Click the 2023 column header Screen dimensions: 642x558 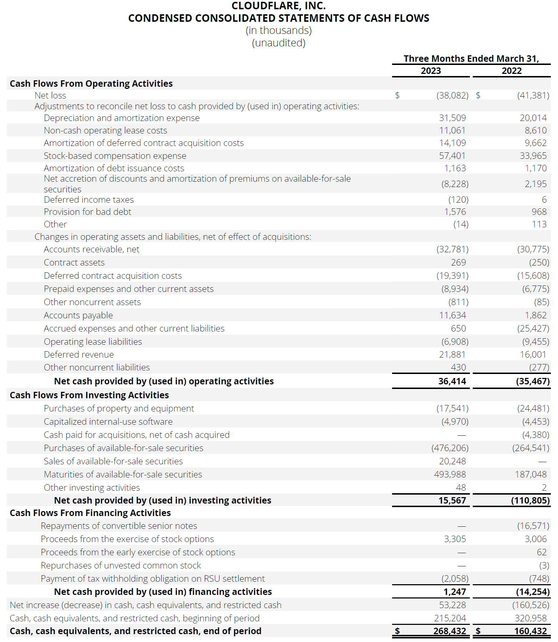point(431,71)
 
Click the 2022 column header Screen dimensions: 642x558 point(512,71)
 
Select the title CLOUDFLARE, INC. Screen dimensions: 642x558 point(279,6)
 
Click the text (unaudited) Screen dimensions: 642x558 point(279,43)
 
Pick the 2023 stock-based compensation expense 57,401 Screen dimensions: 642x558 point(452,156)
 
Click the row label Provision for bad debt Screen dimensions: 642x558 point(87,212)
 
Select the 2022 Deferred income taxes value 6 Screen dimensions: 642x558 point(544,199)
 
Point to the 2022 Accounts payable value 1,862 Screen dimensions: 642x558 point(536,315)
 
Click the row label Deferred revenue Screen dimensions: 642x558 point(79,354)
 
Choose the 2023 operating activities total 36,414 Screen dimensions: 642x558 point(452,381)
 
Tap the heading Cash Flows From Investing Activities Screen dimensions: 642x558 point(89,395)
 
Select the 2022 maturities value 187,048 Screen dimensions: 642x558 point(531,474)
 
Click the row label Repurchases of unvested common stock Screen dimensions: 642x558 point(121,565)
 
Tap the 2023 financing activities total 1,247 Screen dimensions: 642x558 point(455,592)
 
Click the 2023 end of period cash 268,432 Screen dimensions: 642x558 point(450,631)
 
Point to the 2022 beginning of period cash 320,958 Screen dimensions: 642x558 point(531,618)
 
